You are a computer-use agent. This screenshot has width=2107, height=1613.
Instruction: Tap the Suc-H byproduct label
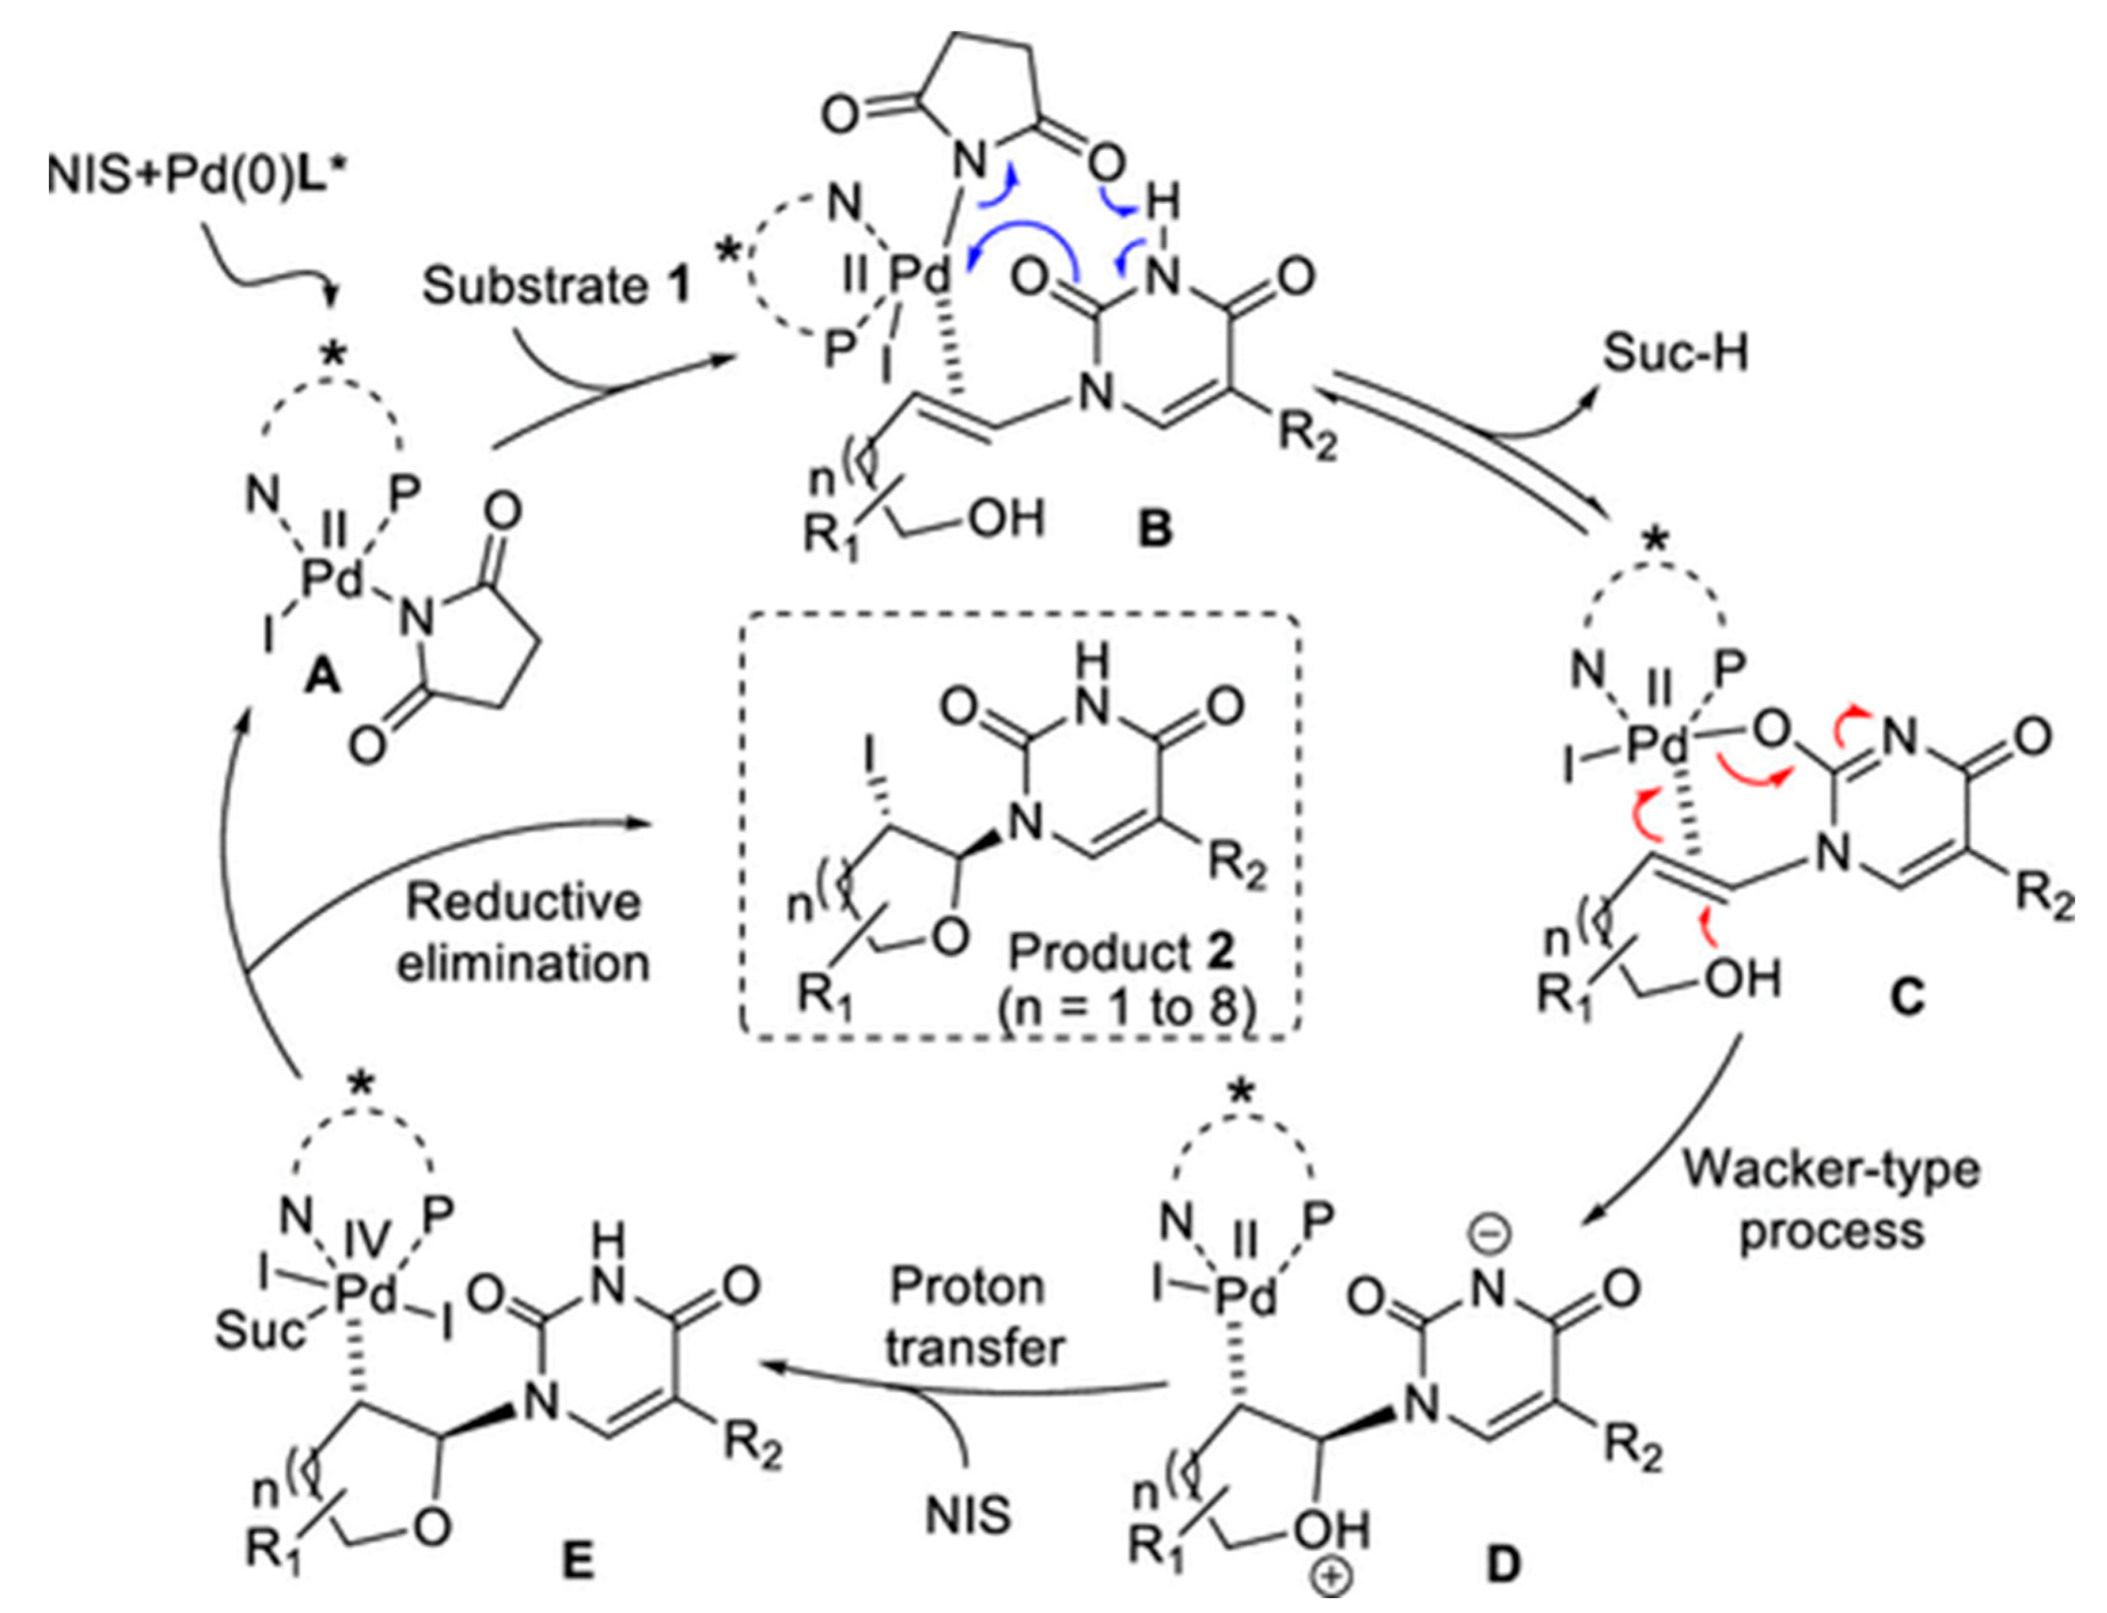coord(1675,353)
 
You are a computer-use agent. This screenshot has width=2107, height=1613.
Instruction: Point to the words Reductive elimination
coord(523,931)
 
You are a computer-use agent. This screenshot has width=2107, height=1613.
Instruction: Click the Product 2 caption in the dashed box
coord(1121,952)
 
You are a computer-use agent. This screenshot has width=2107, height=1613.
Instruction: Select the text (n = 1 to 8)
coord(1125,1010)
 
